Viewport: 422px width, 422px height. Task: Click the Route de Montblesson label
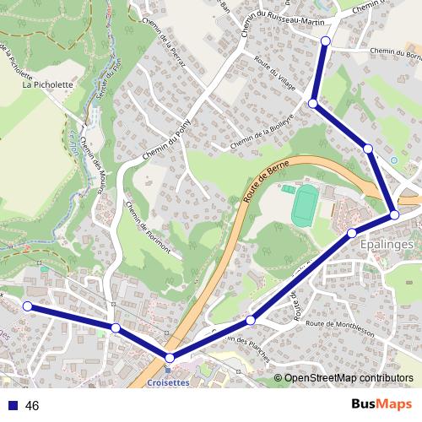(340, 324)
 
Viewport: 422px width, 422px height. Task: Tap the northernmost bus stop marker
(326, 41)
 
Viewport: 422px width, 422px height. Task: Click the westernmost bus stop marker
(28, 306)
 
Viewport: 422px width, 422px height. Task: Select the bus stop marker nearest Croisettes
(170, 359)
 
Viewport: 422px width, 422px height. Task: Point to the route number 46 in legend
(32, 406)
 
